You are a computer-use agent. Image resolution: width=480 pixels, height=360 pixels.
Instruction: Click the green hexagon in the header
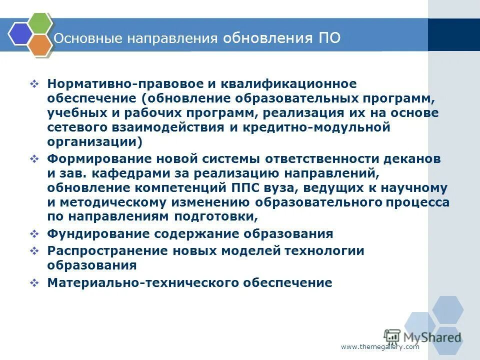pyautogui.click(x=39, y=22)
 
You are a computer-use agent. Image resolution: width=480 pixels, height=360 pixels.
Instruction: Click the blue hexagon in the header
pyautogui.click(x=20, y=34)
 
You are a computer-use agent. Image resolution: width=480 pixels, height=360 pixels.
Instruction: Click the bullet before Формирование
pyautogui.click(x=34, y=159)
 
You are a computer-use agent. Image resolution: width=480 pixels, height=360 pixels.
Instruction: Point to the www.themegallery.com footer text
pyautogui.click(x=380, y=347)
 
